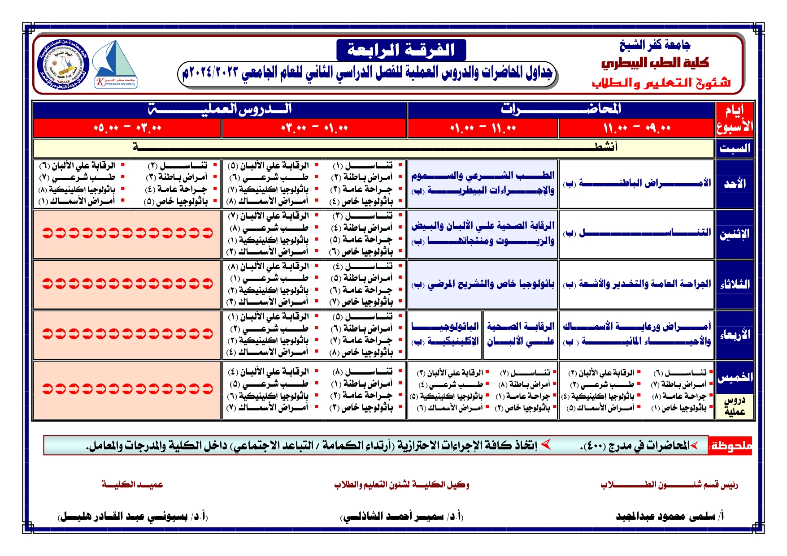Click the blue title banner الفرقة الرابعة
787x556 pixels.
click(x=401, y=50)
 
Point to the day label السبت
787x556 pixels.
click(x=735, y=148)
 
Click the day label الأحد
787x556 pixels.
click(x=735, y=184)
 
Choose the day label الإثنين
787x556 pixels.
click(x=735, y=234)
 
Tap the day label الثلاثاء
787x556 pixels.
click(x=735, y=284)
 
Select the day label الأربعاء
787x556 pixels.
click(x=735, y=335)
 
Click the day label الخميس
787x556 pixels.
click(x=735, y=377)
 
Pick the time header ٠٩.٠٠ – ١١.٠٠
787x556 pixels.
click(x=636, y=129)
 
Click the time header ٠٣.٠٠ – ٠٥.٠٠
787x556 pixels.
click(x=127, y=129)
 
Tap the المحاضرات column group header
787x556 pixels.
click(x=561, y=109)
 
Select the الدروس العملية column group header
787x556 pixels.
click(x=220, y=109)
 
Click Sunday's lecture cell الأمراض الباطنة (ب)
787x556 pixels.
click(x=637, y=184)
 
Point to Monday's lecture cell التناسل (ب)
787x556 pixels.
click(x=637, y=233)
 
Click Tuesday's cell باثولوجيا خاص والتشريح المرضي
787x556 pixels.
click(x=483, y=284)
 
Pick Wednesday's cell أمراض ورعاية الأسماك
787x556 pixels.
click(x=637, y=334)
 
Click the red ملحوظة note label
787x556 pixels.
click(x=730, y=446)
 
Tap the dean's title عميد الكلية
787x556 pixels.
click(x=132, y=485)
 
